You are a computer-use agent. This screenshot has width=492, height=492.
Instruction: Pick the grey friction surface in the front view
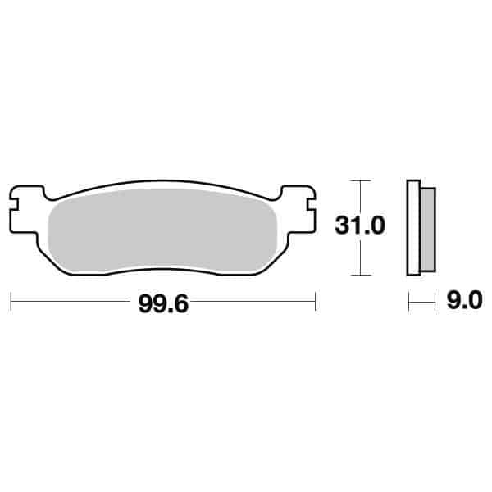tap(164, 234)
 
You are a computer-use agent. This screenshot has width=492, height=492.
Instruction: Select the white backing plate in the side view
tap(413, 227)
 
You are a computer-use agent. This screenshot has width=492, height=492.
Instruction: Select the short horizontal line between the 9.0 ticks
tap(421, 303)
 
